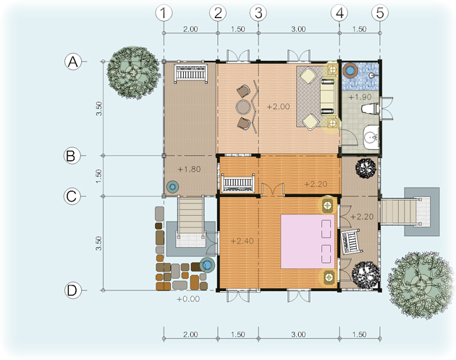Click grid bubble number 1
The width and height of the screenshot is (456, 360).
tap(164, 13)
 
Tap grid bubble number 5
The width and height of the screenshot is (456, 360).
tap(380, 13)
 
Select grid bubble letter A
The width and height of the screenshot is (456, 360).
tap(72, 62)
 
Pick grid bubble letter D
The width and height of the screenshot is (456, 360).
tap(72, 290)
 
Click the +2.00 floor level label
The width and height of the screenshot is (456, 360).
tap(279, 106)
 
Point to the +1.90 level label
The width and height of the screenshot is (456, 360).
tap(360, 97)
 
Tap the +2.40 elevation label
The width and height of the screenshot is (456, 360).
tap(242, 241)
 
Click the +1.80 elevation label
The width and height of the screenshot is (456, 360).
tap(189, 169)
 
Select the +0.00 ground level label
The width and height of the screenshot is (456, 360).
tap(188, 299)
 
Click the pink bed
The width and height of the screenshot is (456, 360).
tap(308, 241)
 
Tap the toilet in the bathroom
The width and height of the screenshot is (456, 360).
tap(371, 109)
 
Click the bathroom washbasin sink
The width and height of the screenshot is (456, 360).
tap(371, 137)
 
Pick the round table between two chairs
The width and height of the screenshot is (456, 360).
tap(243, 107)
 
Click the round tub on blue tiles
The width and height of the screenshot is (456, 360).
tap(350, 70)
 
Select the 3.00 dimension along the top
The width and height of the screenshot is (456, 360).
tap(299, 29)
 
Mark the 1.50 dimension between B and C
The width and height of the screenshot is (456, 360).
tap(99, 176)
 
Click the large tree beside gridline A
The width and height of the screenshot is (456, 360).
tap(133, 72)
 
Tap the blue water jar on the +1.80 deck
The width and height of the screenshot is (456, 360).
tap(172, 187)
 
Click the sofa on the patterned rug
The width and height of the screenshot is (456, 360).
tap(327, 96)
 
